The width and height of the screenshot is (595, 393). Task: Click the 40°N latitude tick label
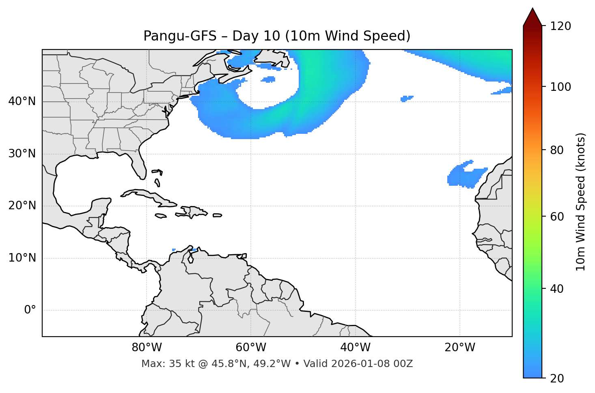coord(22,101)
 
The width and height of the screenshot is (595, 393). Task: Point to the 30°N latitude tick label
coord(22,154)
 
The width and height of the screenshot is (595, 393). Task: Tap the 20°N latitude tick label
coord(22,206)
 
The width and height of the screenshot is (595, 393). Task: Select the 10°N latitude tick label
coord(22,258)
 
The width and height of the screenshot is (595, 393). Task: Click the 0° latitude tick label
coord(30,310)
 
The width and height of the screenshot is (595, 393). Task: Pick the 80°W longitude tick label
coord(147,348)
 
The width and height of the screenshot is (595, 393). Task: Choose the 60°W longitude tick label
coord(251,348)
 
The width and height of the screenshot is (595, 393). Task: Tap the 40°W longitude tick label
coord(355,348)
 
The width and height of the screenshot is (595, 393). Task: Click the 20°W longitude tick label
coord(459,348)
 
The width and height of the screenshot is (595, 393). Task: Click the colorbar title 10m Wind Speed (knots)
coord(581,202)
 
